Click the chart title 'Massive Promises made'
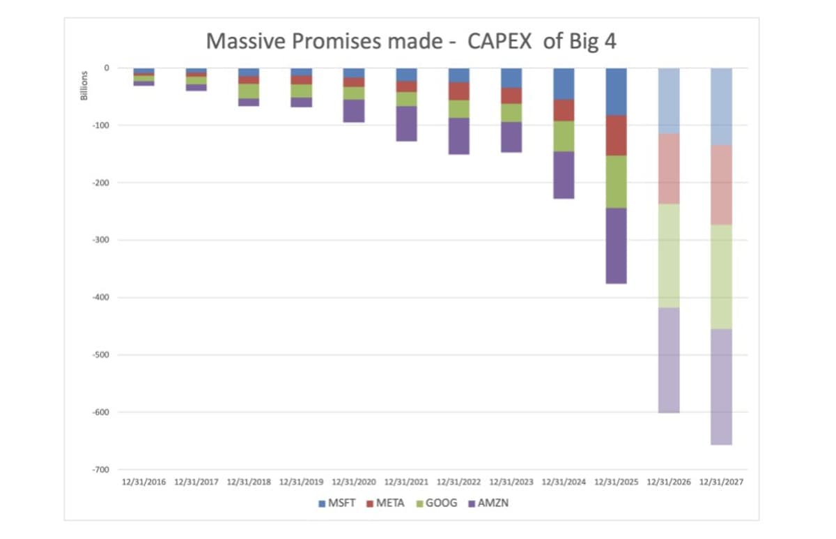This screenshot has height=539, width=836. (x=411, y=41)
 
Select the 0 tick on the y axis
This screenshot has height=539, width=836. (x=107, y=68)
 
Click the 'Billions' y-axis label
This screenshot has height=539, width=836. (x=84, y=85)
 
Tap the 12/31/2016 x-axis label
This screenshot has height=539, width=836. (x=144, y=482)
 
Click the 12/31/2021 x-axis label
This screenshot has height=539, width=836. (x=407, y=482)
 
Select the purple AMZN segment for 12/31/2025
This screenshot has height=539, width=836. (x=616, y=245)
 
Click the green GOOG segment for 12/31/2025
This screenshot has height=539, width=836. (x=616, y=181)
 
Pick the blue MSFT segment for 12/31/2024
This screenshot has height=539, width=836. (x=564, y=84)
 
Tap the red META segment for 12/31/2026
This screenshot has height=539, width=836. (x=669, y=168)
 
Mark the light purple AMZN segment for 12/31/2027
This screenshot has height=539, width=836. (x=721, y=386)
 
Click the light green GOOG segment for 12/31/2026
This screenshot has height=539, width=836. (x=669, y=255)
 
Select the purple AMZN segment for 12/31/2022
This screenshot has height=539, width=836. (x=459, y=136)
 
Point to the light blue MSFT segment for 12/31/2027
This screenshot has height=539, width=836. (x=721, y=106)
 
